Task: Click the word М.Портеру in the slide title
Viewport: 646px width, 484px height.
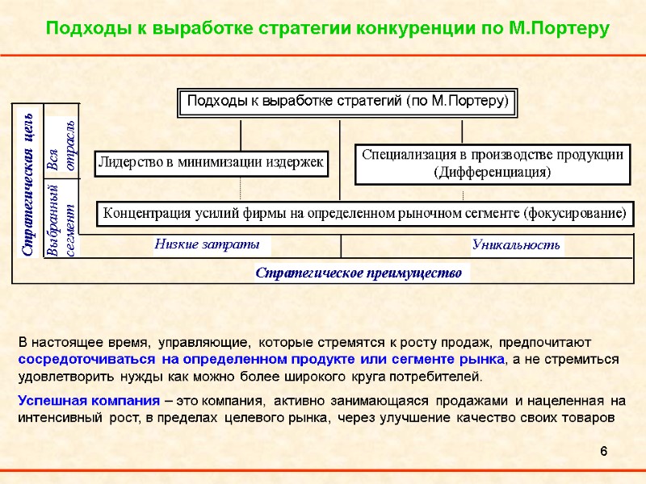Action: click(x=560, y=29)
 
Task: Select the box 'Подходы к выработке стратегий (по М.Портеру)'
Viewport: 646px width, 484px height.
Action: click(x=347, y=102)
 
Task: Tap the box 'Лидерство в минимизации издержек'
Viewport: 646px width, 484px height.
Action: click(x=211, y=162)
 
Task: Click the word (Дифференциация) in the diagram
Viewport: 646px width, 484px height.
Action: click(x=493, y=172)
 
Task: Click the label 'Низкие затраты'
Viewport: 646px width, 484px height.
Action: click(x=208, y=244)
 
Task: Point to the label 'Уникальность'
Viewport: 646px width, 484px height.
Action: click(x=516, y=244)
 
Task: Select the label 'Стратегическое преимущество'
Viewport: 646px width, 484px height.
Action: click(x=359, y=273)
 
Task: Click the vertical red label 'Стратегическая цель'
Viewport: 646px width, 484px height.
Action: click(x=27, y=184)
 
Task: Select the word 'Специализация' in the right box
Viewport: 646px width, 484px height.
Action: click(x=403, y=154)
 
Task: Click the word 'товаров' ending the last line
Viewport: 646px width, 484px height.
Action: click(x=594, y=418)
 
